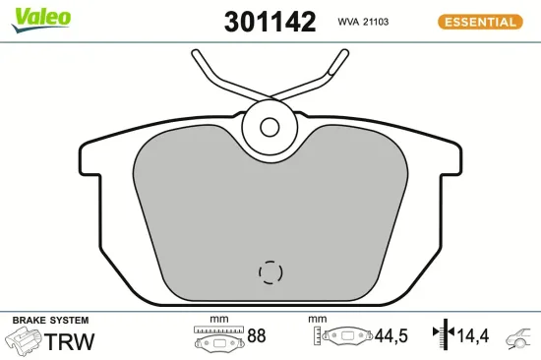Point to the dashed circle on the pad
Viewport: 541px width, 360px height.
(270, 271)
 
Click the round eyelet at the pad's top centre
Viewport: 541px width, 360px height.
(270, 125)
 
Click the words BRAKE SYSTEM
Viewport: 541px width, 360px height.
(49, 321)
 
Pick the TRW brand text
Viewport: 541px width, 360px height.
(72, 341)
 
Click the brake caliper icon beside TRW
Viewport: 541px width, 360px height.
(24, 341)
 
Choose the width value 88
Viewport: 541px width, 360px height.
(257, 336)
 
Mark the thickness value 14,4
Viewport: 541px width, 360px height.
(474, 336)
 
